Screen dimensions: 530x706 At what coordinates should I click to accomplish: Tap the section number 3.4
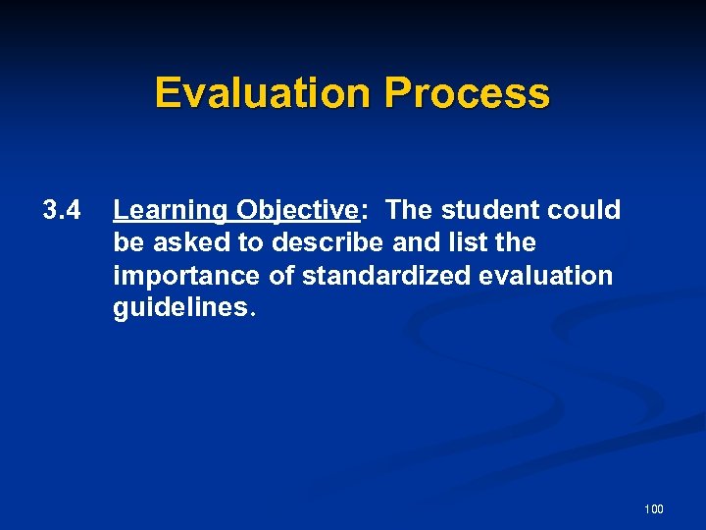click(61, 210)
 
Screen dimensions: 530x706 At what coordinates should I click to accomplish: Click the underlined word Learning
click(171, 210)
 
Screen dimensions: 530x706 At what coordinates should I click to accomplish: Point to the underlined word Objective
click(297, 210)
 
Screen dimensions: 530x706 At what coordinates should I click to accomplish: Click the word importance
click(187, 276)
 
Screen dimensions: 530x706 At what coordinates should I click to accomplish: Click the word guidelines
click(181, 309)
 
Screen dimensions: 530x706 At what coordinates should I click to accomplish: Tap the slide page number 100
click(654, 508)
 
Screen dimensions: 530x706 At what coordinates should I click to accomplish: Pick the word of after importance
click(282, 276)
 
